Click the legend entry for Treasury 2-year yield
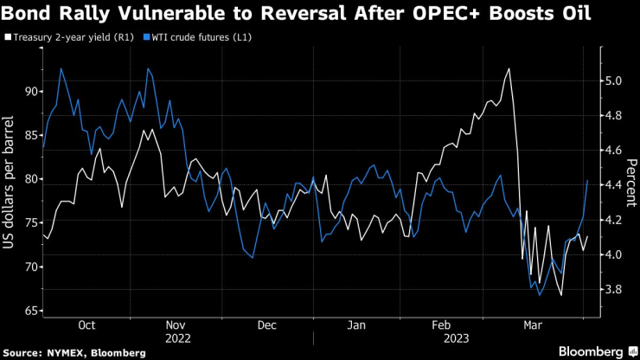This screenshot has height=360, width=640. (x=57, y=38)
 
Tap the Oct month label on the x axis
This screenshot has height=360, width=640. (x=86, y=325)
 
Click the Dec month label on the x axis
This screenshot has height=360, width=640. (x=268, y=325)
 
